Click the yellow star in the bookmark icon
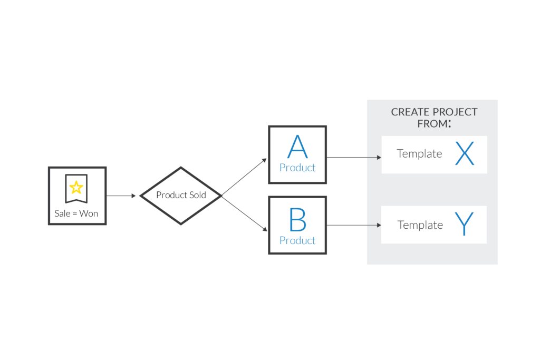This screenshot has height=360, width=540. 76,187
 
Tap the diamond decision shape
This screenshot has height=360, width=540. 180,196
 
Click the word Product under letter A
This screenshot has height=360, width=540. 297,168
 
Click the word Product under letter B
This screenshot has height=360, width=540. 297,240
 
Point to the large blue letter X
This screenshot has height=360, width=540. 465,154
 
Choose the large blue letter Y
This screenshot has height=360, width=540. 465,224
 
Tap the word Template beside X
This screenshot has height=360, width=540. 419,154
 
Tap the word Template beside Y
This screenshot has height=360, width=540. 420,225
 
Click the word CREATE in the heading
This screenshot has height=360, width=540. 410,112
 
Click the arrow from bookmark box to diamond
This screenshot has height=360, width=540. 122,196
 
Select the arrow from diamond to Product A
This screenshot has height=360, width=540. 244,177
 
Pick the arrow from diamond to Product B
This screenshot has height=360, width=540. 244,213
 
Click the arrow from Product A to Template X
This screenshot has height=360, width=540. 354,157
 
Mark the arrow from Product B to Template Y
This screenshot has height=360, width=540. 354,225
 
